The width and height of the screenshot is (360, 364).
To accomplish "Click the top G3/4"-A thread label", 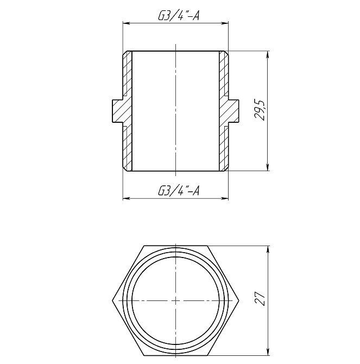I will [179, 16].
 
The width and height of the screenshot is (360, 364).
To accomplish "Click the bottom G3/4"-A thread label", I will [179, 191].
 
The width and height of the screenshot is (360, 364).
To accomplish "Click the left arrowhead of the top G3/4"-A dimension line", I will [125, 24].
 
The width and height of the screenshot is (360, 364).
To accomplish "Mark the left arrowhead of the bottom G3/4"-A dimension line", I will [125, 198].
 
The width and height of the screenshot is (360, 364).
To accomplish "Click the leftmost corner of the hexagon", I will [112, 300].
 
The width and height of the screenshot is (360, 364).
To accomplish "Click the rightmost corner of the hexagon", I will [238, 300].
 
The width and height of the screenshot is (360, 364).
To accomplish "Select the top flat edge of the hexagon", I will [175, 246].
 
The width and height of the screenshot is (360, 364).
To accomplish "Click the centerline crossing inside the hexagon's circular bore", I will [175, 300].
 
